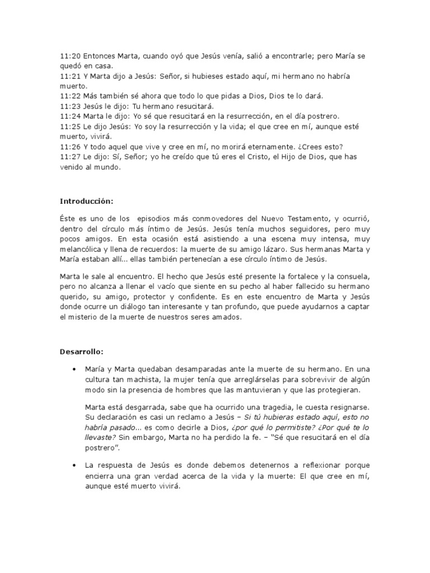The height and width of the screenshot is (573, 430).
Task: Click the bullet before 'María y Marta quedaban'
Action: pos(74,370)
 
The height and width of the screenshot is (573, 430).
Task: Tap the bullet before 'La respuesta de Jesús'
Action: pos(74,466)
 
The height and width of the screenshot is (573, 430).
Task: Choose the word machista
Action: pos(133,380)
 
